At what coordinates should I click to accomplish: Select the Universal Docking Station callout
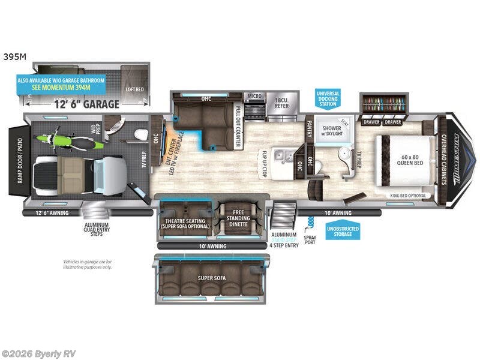[x=328, y=98]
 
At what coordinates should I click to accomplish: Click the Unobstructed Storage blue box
[x=343, y=231]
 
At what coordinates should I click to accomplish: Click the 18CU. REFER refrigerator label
[x=282, y=103]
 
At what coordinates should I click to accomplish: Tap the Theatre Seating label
[x=185, y=223]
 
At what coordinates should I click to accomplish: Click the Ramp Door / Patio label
[x=16, y=159]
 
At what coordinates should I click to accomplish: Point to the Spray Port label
[x=310, y=239]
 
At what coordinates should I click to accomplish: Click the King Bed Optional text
[x=407, y=196]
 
